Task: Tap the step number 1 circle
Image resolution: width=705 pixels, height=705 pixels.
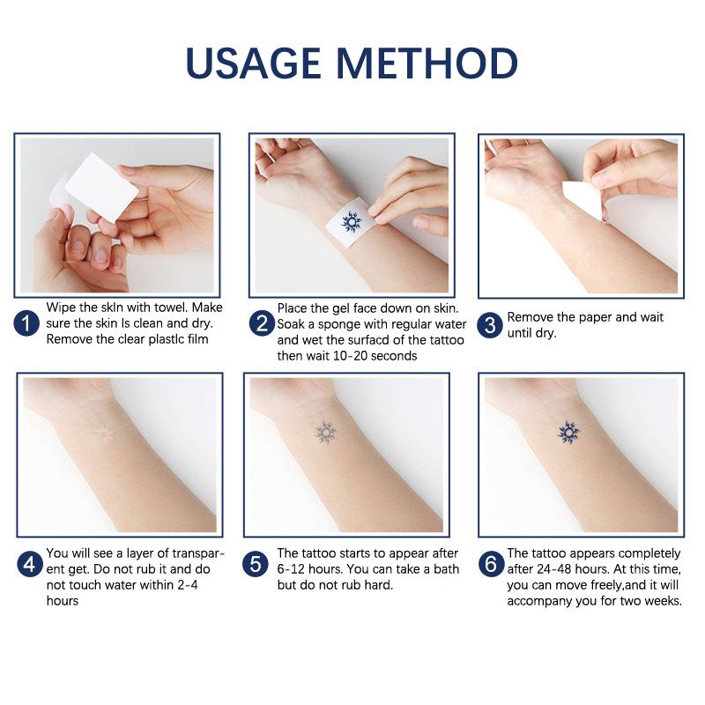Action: (27, 323)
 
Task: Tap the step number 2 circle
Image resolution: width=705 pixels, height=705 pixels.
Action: (261, 323)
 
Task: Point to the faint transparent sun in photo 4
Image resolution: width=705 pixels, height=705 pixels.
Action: (104, 434)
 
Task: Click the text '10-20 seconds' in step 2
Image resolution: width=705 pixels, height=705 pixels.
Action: (375, 356)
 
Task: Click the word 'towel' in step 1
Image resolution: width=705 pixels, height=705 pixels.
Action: (156, 308)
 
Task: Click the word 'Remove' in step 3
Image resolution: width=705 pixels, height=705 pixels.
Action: (531, 317)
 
